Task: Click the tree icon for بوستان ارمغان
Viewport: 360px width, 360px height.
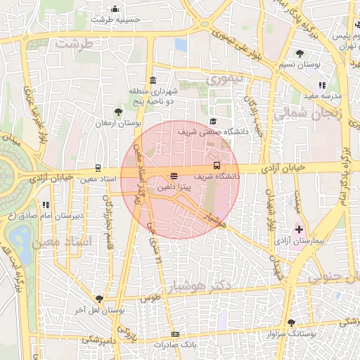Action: (x=118, y=111)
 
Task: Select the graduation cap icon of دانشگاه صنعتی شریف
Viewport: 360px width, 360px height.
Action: (x=213, y=120)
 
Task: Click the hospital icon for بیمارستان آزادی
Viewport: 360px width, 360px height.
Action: (x=300, y=230)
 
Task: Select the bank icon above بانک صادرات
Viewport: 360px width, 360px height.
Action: (x=175, y=334)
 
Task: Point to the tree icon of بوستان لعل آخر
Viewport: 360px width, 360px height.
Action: (x=98, y=299)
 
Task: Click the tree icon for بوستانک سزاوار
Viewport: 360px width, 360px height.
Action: (x=291, y=323)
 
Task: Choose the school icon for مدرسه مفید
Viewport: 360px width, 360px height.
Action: (x=322, y=85)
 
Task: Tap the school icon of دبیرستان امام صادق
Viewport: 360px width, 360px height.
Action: (x=46, y=205)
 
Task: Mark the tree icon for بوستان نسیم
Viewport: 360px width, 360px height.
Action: (x=300, y=53)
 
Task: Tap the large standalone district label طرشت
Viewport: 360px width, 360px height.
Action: (x=75, y=44)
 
